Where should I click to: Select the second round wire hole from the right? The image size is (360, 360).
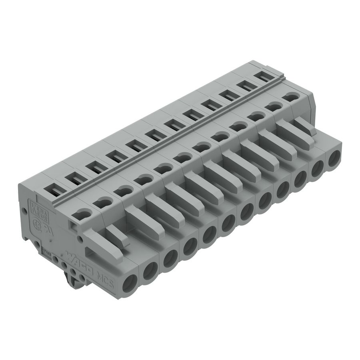pos(318,168)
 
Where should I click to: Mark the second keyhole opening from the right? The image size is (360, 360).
pos(274,106)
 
